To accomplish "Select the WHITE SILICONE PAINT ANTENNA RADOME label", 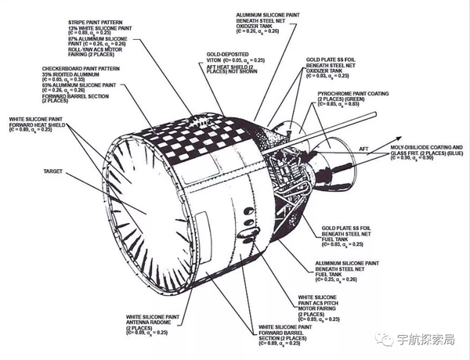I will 155,322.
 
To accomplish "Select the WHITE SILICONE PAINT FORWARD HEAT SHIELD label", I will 36,124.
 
